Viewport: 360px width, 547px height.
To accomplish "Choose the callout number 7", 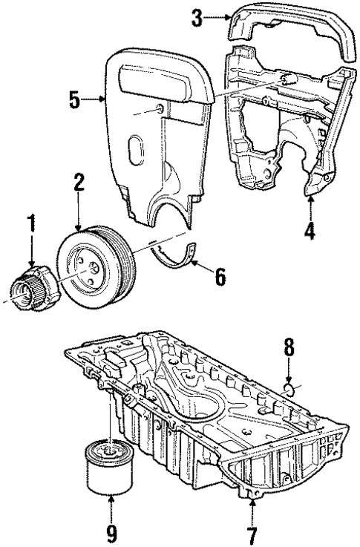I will coord(252,532).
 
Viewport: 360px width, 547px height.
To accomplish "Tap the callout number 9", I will coord(111,532).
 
